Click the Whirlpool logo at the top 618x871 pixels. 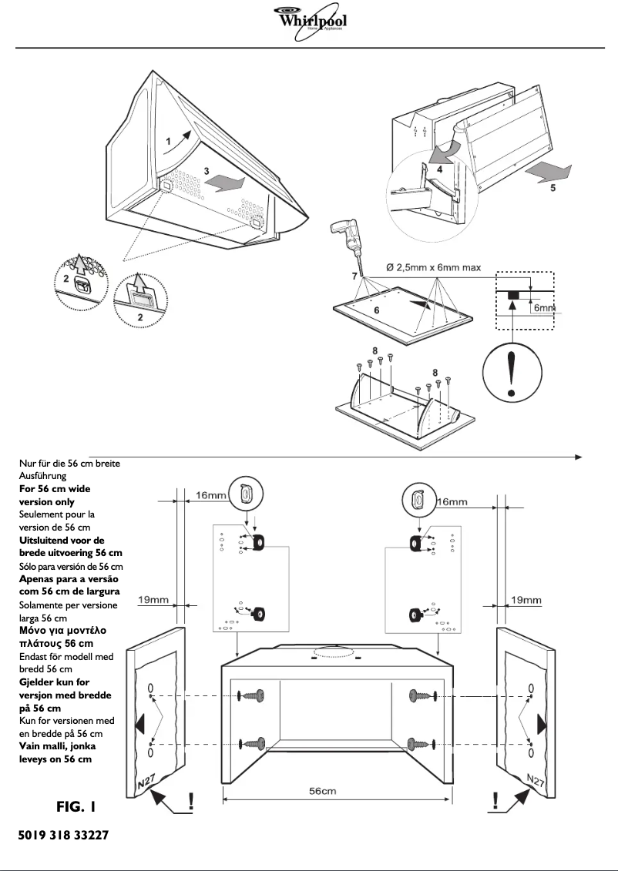point(310,20)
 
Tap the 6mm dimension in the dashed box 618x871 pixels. point(543,307)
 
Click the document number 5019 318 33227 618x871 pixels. point(62,836)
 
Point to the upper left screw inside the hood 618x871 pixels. point(253,696)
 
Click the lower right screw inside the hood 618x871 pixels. point(422,744)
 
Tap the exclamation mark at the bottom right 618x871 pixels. point(494,801)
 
